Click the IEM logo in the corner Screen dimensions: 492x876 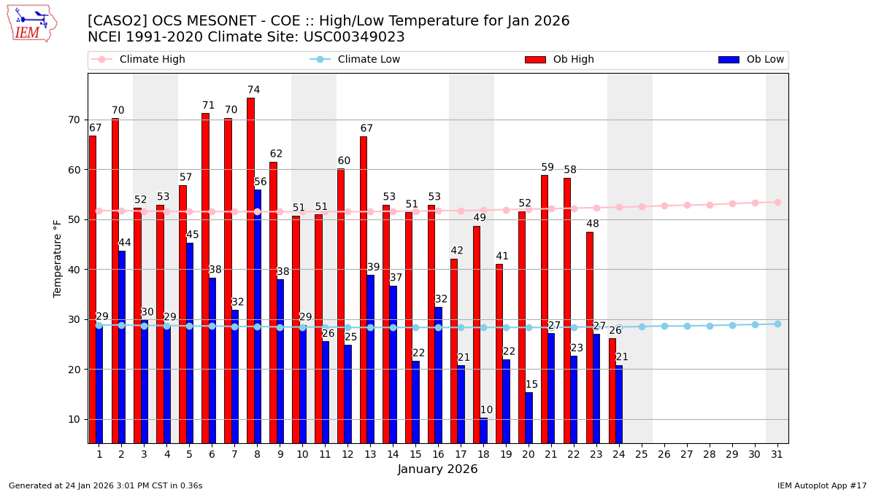(31, 23)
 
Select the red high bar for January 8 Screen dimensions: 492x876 (250, 270)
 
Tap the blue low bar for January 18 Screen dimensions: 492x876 (483, 430)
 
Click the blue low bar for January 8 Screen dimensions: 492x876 (257, 316)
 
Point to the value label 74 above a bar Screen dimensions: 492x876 (253, 90)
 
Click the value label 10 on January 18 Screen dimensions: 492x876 (486, 410)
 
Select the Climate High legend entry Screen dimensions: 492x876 (138, 60)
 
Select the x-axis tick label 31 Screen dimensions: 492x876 (777, 454)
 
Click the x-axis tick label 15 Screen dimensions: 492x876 (415, 454)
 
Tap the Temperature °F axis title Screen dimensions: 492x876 (58, 258)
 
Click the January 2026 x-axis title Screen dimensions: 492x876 (437, 469)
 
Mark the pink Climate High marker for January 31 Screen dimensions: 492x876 (777, 202)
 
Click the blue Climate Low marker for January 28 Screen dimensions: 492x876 (710, 326)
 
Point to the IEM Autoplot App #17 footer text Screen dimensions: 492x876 (821, 485)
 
